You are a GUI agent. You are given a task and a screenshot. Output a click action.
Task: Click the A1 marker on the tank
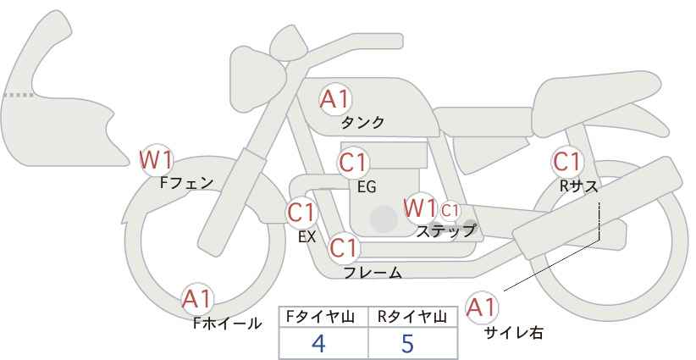pos(335,99)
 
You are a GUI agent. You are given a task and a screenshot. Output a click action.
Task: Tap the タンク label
pos(362,123)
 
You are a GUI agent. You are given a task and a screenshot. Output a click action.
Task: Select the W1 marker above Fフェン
pos(156,160)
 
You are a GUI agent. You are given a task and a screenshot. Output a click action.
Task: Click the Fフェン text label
pos(186,183)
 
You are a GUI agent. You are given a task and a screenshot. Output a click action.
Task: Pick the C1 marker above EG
pos(353,163)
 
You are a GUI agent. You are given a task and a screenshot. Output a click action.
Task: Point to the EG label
pos(367,187)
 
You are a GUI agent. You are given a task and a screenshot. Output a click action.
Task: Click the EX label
pos(307,237)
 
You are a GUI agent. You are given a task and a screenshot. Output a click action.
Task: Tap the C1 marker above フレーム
pos(344,248)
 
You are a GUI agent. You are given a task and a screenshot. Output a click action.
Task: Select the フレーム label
pos(373,272)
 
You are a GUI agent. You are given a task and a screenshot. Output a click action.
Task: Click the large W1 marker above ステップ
pos(420,208)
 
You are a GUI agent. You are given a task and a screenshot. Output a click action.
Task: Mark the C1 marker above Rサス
pos(567,162)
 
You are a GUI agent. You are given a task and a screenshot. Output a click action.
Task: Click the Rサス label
pos(578,186)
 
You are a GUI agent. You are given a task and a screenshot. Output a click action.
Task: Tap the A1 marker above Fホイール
pos(197,299)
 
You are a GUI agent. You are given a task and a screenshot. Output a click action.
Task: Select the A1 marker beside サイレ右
pos(482,307)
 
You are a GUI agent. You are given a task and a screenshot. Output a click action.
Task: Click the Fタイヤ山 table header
pos(320,317)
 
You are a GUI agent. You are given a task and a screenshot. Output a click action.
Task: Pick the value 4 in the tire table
pos(318,343)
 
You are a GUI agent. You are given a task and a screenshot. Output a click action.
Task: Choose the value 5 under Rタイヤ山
pos(407,343)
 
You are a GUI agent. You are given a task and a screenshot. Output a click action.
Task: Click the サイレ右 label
pos(514,333)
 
